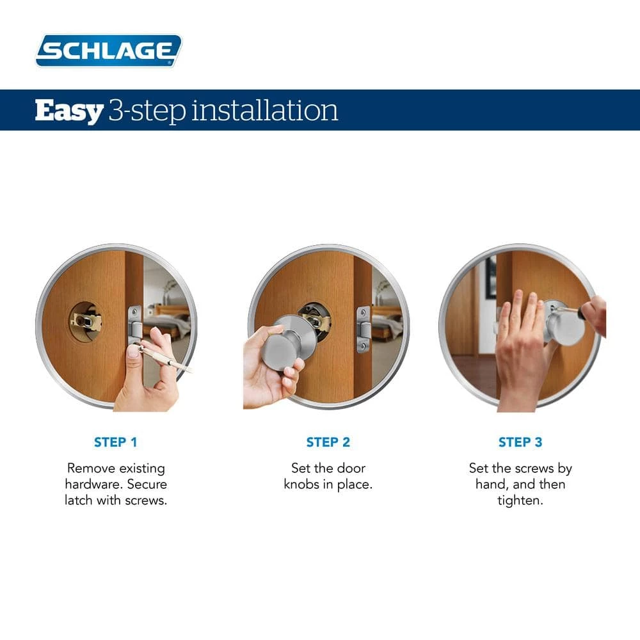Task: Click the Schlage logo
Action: [x=108, y=51]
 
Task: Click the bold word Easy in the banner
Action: [x=68, y=111]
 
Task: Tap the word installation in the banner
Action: [x=265, y=111]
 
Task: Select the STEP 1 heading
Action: [x=116, y=442]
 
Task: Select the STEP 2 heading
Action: [x=328, y=442]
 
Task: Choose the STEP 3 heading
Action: [x=520, y=442]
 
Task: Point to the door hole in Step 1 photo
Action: [x=86, y=321]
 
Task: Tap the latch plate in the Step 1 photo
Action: [x=134, y=326]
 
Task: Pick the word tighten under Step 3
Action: [x=520, y=500]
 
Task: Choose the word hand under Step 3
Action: [x=491, y=484]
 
